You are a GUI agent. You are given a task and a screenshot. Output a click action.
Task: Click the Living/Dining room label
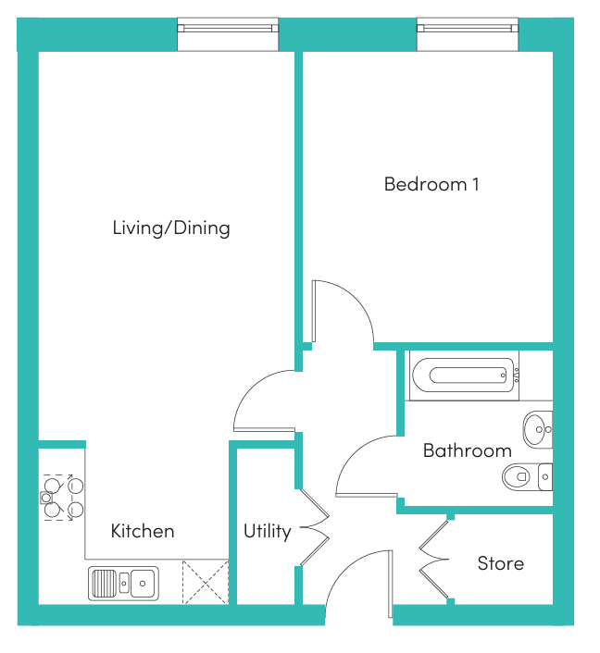[171, 228]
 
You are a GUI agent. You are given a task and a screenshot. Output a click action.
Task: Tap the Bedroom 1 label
[431, 184]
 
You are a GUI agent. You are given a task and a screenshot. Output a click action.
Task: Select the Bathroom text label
[467, 450]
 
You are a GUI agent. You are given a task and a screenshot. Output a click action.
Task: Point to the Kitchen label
[143, 531]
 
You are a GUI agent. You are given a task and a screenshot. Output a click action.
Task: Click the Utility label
[268, 532]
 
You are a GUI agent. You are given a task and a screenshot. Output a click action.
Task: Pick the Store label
[500, 563]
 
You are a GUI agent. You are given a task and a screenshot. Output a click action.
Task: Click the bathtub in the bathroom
[464, 376]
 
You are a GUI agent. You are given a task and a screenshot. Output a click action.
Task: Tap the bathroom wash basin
[538, 429]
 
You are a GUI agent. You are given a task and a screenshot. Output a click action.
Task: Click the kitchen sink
[123, 583]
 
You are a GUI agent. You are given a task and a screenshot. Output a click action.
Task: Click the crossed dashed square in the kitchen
[206, 582]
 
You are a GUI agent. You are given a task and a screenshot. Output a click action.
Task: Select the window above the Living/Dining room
[228, 34]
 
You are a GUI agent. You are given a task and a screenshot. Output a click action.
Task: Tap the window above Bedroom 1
[468, 34]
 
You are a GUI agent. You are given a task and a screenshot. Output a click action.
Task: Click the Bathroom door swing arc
[354, 453]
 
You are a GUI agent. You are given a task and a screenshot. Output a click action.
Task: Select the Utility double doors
[315, 527]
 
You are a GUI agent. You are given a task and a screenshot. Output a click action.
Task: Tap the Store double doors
[433, 560]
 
